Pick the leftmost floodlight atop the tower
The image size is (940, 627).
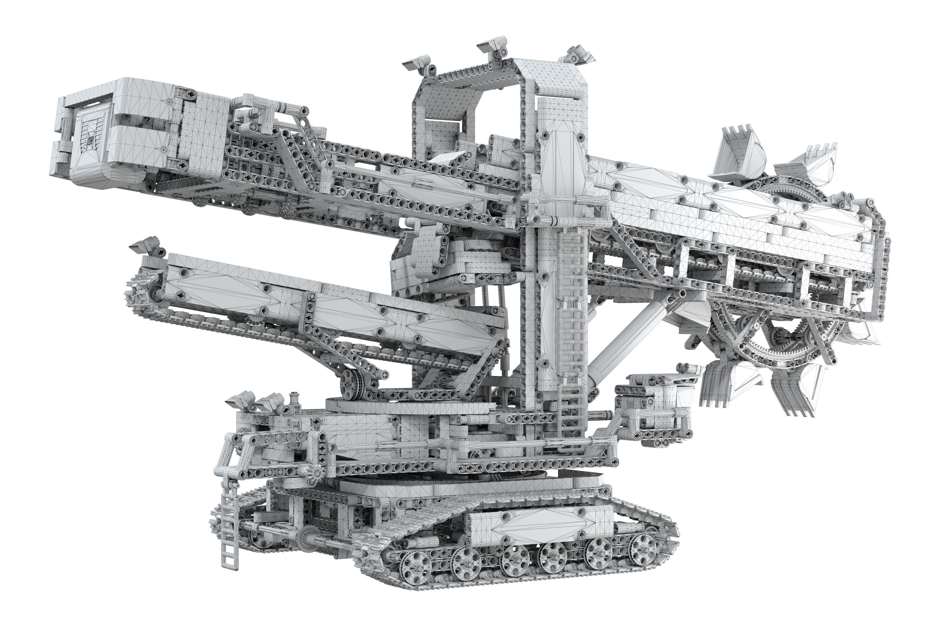point(418,64)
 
